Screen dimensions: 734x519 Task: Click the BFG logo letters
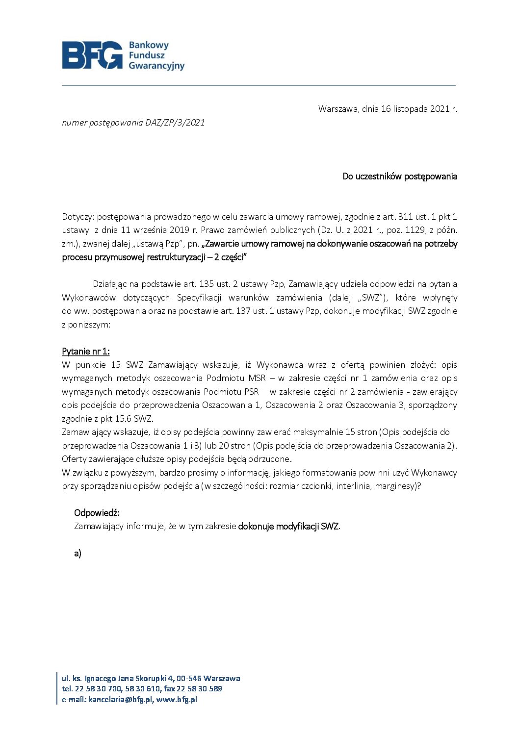click(92, 55)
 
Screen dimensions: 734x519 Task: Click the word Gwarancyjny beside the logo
click(156, 66)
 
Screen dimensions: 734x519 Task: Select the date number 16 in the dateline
click(386, 109)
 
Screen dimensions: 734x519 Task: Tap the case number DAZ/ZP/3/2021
click(175, 123)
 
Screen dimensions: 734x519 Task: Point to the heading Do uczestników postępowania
click(400, 177)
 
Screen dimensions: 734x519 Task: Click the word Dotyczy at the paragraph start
click(77, 217)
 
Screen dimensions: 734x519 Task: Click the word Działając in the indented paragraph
click(109, 284)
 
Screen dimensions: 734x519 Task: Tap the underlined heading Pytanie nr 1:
click(86, 352)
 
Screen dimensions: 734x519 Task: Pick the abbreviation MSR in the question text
click(257, 378)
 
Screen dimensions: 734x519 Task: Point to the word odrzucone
click(272, 459)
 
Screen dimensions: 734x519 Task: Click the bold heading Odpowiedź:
click(97, 513)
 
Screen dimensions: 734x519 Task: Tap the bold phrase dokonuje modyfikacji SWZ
click(288, 527)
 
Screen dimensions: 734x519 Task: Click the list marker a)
click(78, 554)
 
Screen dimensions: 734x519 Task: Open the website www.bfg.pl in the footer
click(177, 700)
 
